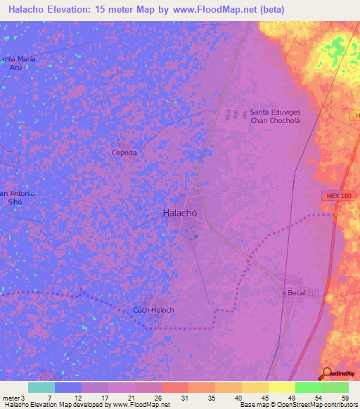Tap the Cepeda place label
pyautogui.click(x=124, y=152)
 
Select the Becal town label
pyautogui.click(x=296, y=292)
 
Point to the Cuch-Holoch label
pyautogui.click(x=153, y=310)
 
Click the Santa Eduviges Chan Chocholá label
pyautogui.click(x=279, y=116)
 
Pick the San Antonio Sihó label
pyautogui.click(x=17, y=198)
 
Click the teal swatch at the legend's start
pyautogui.click(x=41, y=387)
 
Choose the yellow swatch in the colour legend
pyautogui.click(x=281, y=387)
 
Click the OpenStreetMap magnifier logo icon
pyautogui.click(x=327, y=373)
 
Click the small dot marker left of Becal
pyautogui.click(x=283, y=292)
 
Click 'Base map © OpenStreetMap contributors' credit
pyautogui.click(x=297, y=405)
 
